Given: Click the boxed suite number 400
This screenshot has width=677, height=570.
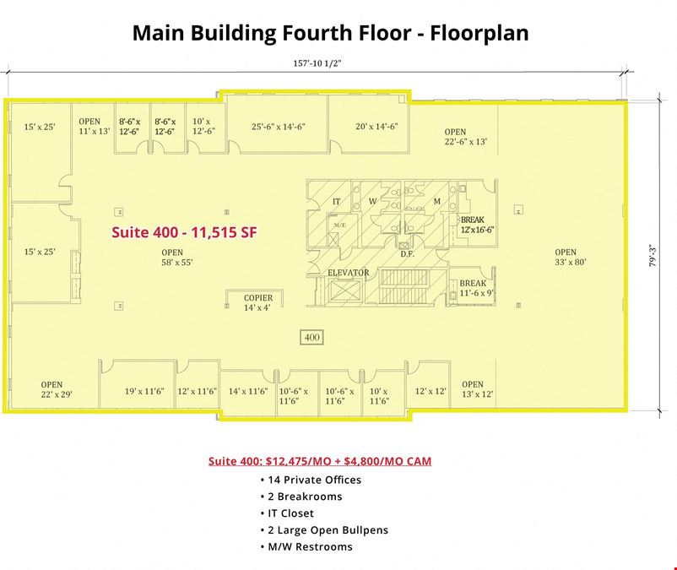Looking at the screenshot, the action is click(x=311, y=337).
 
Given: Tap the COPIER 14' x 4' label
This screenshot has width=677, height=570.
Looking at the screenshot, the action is click(x=258, y=302).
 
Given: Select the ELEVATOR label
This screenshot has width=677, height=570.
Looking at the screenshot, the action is click(x=349, y=273).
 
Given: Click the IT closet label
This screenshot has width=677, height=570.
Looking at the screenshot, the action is click(x=336, y=201).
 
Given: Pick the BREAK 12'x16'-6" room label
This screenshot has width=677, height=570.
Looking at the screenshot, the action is click(x=477, y=225).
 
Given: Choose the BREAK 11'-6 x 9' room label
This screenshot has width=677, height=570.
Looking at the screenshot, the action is click(x=476, y=288).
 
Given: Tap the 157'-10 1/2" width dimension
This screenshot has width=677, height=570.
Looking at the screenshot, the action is click(x=317, y=63).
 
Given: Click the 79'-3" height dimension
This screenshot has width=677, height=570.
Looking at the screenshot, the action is click(x=653, y=256).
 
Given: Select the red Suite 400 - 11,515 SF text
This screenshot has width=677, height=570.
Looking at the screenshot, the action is click(x=184, y=232).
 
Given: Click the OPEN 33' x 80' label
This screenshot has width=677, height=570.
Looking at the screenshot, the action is click(x=571, y=257).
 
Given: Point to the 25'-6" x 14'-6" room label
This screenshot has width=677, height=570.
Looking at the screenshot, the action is click(x=279, y=127).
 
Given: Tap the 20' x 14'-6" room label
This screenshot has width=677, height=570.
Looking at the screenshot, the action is click(x=376, y=127).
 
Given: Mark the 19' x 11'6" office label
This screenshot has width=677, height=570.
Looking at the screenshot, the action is click(x=144, y=391).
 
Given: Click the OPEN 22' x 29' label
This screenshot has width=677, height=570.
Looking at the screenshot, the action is click(x=56, y=389).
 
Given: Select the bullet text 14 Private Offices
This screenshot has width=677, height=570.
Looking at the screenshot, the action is click(x=314, y=480).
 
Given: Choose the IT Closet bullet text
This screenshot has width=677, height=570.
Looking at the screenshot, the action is click(x=290, y=513).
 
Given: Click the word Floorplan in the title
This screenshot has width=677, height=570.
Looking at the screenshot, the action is click(x=479, y=33).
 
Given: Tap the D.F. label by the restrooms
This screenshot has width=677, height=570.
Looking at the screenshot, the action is click(x=407, y=254).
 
